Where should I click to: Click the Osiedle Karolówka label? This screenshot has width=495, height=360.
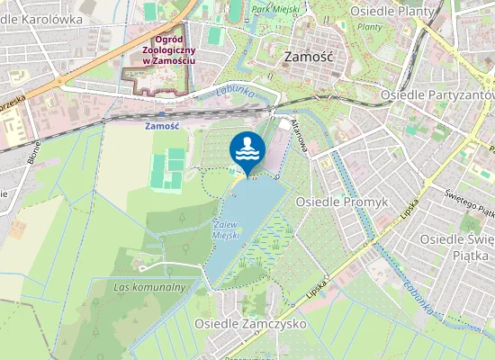point(40,18)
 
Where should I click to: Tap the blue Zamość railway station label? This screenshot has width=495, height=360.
point(162,126)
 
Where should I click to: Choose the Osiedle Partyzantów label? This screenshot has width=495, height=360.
point(437,94)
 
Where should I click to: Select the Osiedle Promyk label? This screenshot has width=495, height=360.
point(341,202)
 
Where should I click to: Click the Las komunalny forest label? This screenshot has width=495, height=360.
point(150,287)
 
